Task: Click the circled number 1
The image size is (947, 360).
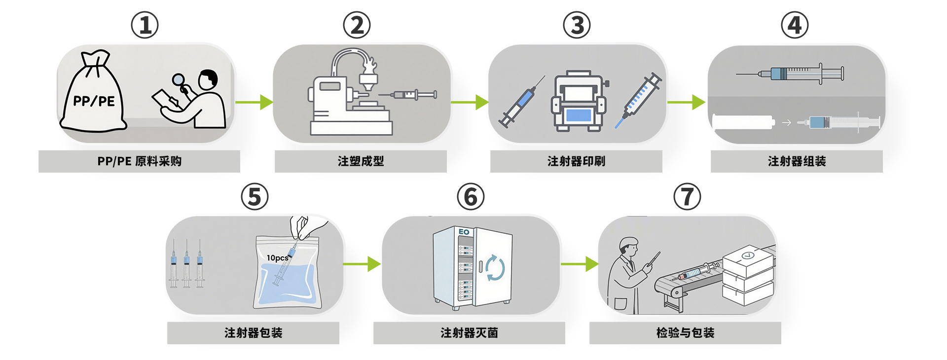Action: [x=145, y=25]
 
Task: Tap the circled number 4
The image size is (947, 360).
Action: [x=795, y=25]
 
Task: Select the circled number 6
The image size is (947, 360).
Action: [x=471, y=197]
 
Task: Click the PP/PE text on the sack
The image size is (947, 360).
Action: [x=94, y=102]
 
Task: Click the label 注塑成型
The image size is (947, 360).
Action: [x=361, y=161]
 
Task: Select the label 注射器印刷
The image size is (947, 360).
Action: [x=576, y=161]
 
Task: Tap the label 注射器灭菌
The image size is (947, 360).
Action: [x=469, y=333]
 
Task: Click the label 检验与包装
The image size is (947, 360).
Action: [x=685, y=333]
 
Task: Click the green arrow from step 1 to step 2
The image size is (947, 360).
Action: [x=254, y=102]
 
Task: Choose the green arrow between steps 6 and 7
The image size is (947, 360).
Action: [x=579, y=264]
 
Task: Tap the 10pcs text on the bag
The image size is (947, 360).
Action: [x=277, y=258]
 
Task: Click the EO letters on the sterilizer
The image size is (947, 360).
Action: [x=464, y=232]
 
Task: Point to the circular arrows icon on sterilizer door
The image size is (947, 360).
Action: [x=495, y=268]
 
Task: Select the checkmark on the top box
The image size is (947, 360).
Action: [x=748, y=255]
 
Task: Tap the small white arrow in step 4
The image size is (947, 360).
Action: [x=786, y=123]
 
